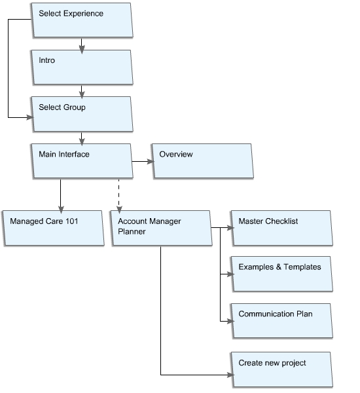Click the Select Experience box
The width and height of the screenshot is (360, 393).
pyautogui.click(x=82, y=20)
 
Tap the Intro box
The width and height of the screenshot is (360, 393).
pyautogui.click(x=82, y=67)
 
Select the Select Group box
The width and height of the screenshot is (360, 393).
pyautogui.click(x=82, y=114)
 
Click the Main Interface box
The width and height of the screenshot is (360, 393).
pyautogui.click(x=82, y=161)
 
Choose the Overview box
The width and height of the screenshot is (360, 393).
pyautogui.click(x=202, y=161)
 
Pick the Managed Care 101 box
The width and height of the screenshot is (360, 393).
pyautogui.click(x=53, y=228)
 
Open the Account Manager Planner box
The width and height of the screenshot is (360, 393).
pyautogui.click(x=161, y=228)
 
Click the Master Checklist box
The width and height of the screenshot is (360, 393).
pyautogui.click(x=281, y=228)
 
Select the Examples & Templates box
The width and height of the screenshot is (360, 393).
pyautogui.click(x=281, y=274)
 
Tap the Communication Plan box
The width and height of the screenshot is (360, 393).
pyautogui.click(x=281, y=321)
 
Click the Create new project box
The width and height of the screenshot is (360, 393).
pyautogui.click(x=281, y=369)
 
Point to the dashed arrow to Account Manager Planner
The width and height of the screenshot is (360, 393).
pyautogui.click(x=119, y=196)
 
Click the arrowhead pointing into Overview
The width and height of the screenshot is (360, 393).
pyautogui.click(x=151, y=161)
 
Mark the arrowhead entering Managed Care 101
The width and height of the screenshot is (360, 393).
pyautogui.click(x=61, y=210)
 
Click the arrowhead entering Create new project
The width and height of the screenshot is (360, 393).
pyautogui.click(x=230, y=375)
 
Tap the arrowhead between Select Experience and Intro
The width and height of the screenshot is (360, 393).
pyautogui.click(x=82, y=49)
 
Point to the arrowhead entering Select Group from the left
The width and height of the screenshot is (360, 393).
pyautogui.click(x=30, y=117)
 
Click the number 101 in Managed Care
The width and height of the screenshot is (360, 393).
pyautogui.click(x=71, y=221)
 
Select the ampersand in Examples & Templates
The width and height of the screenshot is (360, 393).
pyautogui.click(x=279, y=267)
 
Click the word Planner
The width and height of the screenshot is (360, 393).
pyautogui.click(x=132, y=232)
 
